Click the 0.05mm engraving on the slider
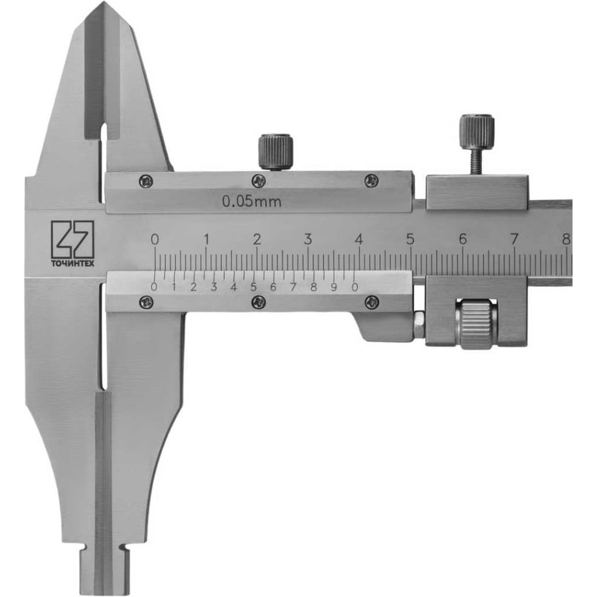pyautogui.click(x=252, y=201)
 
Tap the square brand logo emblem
pyautogui.click(x=73, y=239)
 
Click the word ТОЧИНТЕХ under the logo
pyautogui.click(x=73, y=263)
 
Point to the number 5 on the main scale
pyautogui.click(x=410, y=239)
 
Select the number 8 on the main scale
pyautogui.click(x=566, y=239)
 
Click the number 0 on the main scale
pyautogui.click(x=155, y=239)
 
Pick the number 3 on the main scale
pyautogui.click(x=308, y=239)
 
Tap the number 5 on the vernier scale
pyautogui.click(x=254, y=287)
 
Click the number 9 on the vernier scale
pyautogui.click(x=334, y=287)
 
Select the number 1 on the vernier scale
pyautogui.click(x=174, y=287)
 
